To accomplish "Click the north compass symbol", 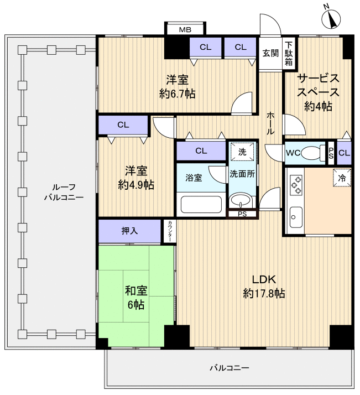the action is pyautogui.click(x=331, y=18).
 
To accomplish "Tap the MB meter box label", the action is pyautogui.click(x=185, y=30).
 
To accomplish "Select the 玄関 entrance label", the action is pyautogui.click(x=270, y=53).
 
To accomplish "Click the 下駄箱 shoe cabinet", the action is pyautogui.click(x=289, y=54).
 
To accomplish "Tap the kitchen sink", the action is pyautogui.click(x=296, y=217).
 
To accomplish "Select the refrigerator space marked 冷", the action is pyautogui.click(x=342, y=178).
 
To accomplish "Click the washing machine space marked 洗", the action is pyautogui.click(x=242, y=152).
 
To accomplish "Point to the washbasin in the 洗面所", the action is pyautogui.click(x=241, y=200).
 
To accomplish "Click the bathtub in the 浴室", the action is pyautogui.click(x=201, y=204).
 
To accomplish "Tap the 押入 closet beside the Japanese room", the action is pyautogui.click(x=129, y=231).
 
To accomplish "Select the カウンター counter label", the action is pyautogui.click(x=170, y=231).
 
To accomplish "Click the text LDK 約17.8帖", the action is pyautogui.click(x=264, y=287).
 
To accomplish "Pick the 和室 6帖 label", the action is pyautogui.click(x=136, y=298).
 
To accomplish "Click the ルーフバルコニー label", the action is pyautogui.click(x=64, y=192).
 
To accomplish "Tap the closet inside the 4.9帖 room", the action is pyautogui.click(x=123, y=125).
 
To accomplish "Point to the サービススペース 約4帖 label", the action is pyautogui.click(x=318, y=92).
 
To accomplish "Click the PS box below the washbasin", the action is pyautogui.click(x=242, y=214).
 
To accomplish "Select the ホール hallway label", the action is pyautogui.click(x=270, y=123).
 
